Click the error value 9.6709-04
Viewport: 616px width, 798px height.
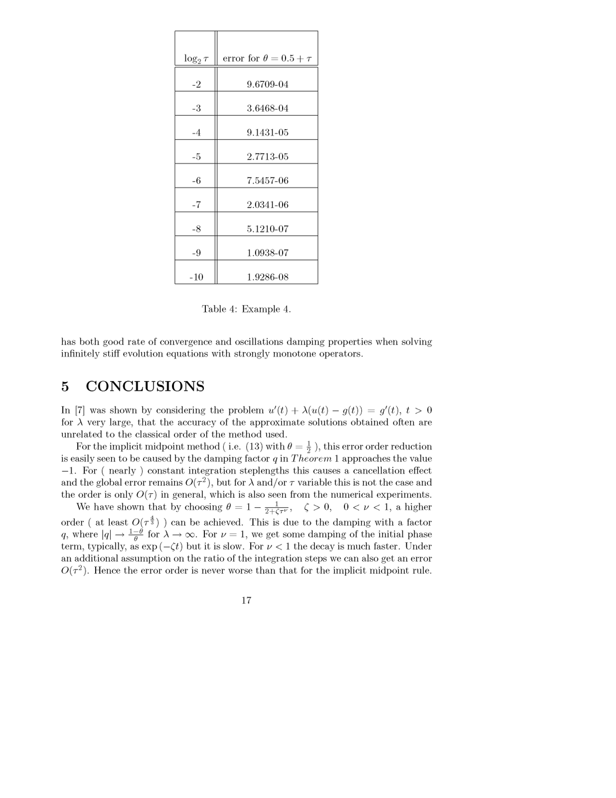pos(267,84)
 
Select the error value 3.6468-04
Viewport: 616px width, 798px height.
pos(267,108)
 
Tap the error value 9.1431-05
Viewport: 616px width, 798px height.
pos(267,133)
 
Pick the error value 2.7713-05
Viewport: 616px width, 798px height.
pos(267,157)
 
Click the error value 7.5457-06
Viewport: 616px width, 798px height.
pos(267,181)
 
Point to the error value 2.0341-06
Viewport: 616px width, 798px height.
pos(267,205)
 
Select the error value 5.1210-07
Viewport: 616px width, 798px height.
pos(267,229)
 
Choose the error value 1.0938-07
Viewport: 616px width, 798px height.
pos(267,253)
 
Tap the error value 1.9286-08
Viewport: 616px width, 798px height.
pos(267,277)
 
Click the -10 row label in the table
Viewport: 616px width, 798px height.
pos(196,277)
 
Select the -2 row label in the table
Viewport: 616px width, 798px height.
pos(196,84)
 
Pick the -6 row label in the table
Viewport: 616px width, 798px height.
pos(196,181)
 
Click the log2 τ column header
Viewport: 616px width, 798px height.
pos(195,59)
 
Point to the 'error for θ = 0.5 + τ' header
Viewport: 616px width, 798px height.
pos(267,58)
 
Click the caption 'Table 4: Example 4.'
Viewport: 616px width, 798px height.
pos(246,309)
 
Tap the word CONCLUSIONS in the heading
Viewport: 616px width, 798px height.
pos(145,387)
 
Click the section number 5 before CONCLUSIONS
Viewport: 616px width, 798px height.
pos(65,387)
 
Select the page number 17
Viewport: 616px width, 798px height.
pos(246,600)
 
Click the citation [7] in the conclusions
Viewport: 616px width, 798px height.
pos(80,410)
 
